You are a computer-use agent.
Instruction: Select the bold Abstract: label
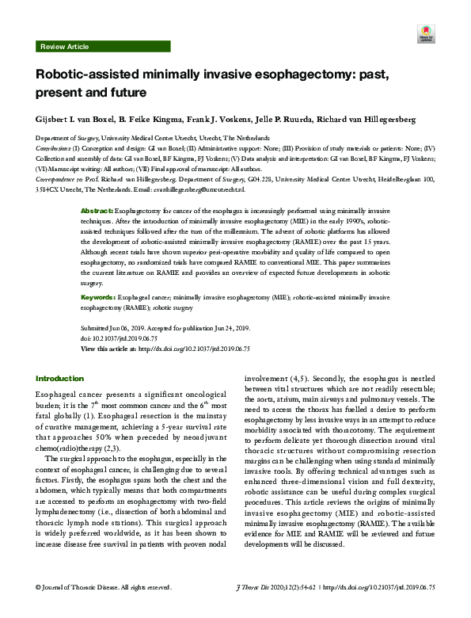coord(98,213)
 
